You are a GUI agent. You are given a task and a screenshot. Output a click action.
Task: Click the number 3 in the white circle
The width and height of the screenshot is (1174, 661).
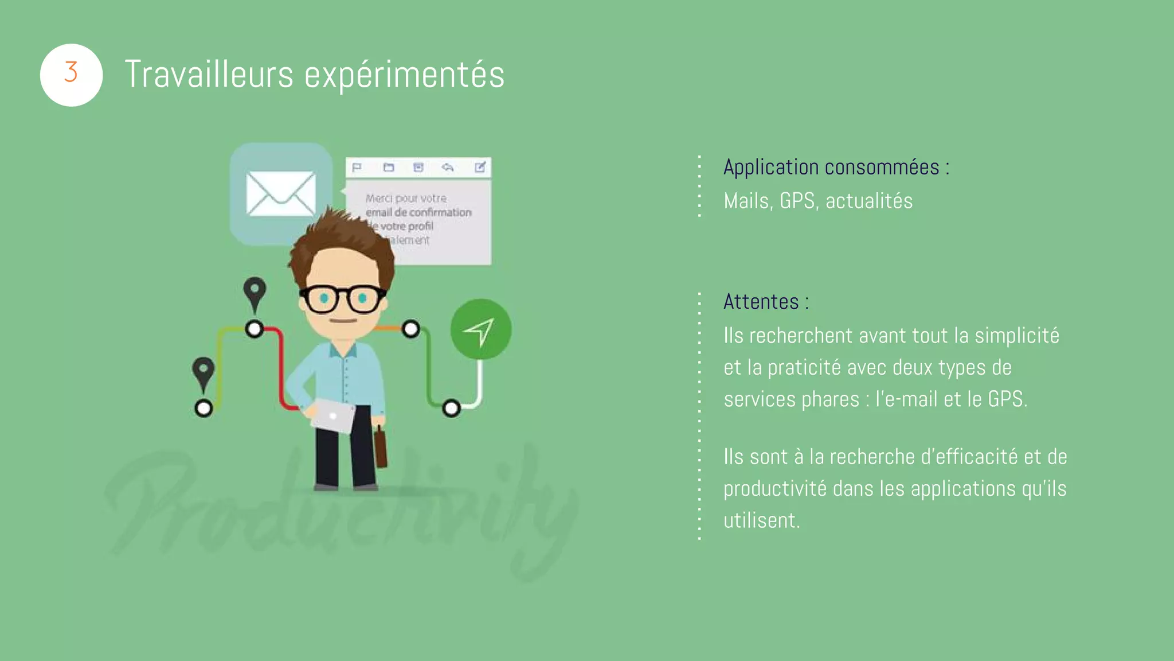pyautogui.click(x=71, y=73)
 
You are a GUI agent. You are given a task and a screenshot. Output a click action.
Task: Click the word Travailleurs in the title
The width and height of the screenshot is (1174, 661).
pyautogui.click(x=209, y=75)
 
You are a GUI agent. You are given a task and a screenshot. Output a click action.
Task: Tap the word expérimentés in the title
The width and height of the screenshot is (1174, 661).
pyautogui.click(x=404, y=75)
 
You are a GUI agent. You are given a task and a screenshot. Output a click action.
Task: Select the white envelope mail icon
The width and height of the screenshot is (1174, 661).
pyautogui.click(x=280, y=193)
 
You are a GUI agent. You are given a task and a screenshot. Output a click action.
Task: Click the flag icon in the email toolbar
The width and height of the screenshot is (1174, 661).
pyautogui.click(x=357, y=168)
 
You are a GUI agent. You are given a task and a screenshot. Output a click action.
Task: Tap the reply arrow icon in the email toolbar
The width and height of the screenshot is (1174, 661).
pyautogui.click(x=448, y=168)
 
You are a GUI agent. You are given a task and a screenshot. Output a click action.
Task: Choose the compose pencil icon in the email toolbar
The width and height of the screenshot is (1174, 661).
pyautogui.click(x=480, y=167)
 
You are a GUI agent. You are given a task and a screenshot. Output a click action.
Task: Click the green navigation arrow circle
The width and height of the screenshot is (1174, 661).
pyautogui.click(x=480, y=329)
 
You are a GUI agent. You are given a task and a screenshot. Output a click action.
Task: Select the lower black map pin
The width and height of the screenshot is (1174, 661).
pyautogui.click(x=204, y=372)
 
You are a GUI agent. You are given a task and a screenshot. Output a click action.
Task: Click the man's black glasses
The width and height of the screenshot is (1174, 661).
pyautogui.click(x=343, y=299)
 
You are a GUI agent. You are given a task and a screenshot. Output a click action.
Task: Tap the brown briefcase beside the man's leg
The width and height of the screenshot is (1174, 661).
pyautogui.click(x=380, y=448)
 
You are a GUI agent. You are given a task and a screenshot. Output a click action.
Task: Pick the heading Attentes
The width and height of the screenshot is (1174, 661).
pyautogui.click(x=761, y=302)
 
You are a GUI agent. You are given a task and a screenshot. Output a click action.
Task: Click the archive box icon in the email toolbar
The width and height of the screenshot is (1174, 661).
pyautogui.click(x=418, y=168)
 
